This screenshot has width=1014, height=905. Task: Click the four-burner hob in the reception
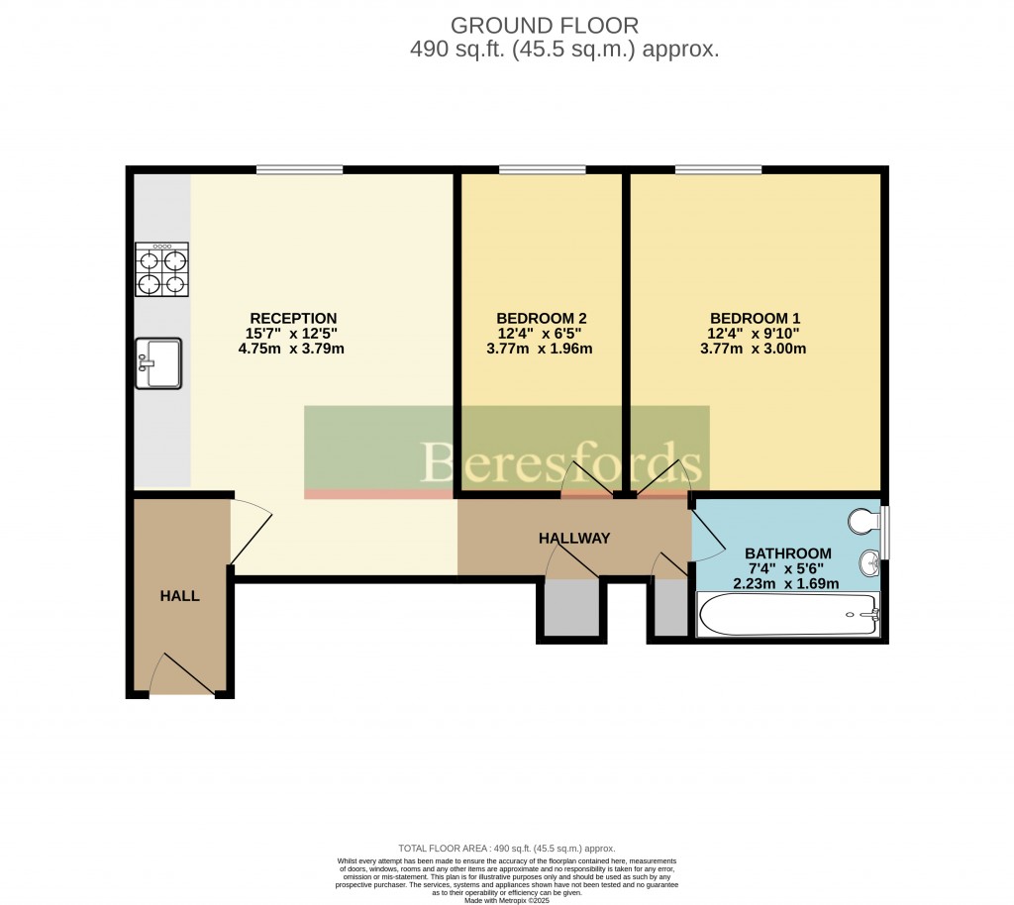(x=162, y=270)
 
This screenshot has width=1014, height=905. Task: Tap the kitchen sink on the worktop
(x=158, y=363)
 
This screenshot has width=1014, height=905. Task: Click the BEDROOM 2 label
(x=541, y=318)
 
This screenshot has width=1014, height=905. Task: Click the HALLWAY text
(x=574, y=538)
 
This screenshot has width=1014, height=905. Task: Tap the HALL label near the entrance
(x=180, y=596)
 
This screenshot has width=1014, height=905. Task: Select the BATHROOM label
(x=788, y=553)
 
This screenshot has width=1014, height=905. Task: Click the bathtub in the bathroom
(x=788, y=615)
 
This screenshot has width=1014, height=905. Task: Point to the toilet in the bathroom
(x=865, y=521)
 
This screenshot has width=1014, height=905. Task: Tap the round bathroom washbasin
(x=869, y=562)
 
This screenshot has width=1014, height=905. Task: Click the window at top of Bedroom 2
(x=542, y=170)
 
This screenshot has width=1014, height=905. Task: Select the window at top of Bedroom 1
(x=719, y=170)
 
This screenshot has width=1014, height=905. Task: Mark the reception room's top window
(x=299, y=170)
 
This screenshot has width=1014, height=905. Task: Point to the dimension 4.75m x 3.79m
(x=291, y=349)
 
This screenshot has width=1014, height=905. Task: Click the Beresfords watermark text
(x=562, y=463)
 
